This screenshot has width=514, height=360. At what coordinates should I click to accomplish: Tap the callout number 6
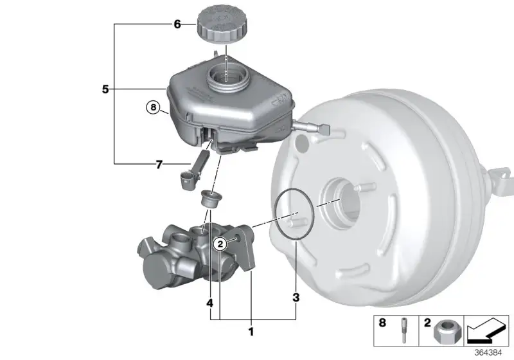[x=177, y=24]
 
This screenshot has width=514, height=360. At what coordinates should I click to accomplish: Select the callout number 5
[x=105, y=89]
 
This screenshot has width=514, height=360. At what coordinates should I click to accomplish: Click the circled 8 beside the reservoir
[x=153, y=107]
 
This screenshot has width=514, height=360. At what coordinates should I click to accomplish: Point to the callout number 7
[x=159, y=165]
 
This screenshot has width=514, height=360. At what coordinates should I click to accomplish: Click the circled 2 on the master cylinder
[x=220, y=244]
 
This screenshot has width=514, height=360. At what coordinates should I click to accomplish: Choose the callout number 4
[x=210, y=303]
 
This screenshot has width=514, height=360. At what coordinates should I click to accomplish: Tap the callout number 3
[x=296, y=298]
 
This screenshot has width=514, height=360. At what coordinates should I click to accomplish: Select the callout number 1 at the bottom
[x=251, y=332]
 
